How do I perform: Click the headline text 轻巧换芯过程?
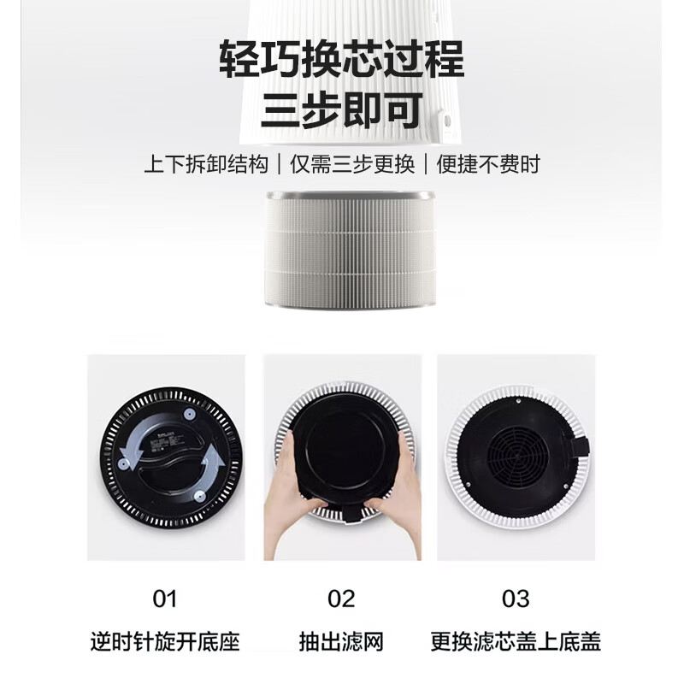(341, 61)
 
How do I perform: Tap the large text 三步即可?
(341, 110)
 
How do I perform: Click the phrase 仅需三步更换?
(352, 164)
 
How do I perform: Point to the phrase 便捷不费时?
(488, 164)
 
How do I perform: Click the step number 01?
(164, 598)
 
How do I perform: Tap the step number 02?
(341, 598)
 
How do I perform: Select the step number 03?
(516, 598)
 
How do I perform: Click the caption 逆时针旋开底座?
(165, 641)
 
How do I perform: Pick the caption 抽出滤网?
(341, 641)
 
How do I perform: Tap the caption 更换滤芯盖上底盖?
(516, 641)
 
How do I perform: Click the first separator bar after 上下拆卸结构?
(278, 164)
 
